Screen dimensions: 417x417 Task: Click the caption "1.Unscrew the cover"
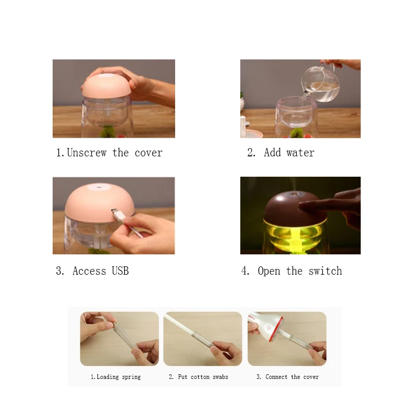click(x=109, y=153)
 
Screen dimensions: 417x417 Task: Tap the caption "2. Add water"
click(x=281, y=153)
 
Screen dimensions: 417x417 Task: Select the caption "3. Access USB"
click(x=92, y=271)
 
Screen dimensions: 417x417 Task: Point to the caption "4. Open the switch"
click(x=292, y=271)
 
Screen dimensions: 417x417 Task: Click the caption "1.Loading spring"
click(x=116, y=377)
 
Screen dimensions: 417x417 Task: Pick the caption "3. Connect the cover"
click(x=288, y=377)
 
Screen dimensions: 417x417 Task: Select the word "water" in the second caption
click(x=300, y=153)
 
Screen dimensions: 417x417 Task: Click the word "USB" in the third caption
click(x=120, y=271)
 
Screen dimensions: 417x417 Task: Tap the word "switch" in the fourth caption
click(x=325, y=271)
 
